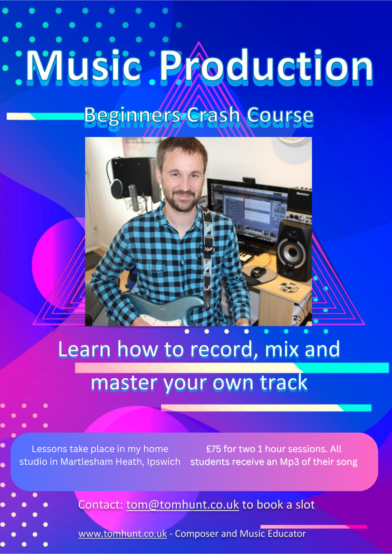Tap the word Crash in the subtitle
pos(213,115)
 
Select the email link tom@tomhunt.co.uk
pos(182,505)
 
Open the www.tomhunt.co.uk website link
pos(123,534)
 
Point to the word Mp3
pos(289,462)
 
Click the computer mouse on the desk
pos(259,271)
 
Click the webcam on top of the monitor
pos(249,180)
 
